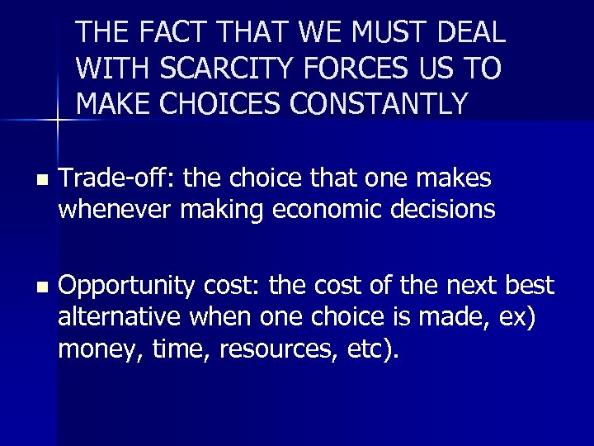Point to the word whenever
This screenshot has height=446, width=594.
112,211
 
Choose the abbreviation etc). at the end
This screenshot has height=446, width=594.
369,350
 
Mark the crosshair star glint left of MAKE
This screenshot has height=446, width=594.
57,121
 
